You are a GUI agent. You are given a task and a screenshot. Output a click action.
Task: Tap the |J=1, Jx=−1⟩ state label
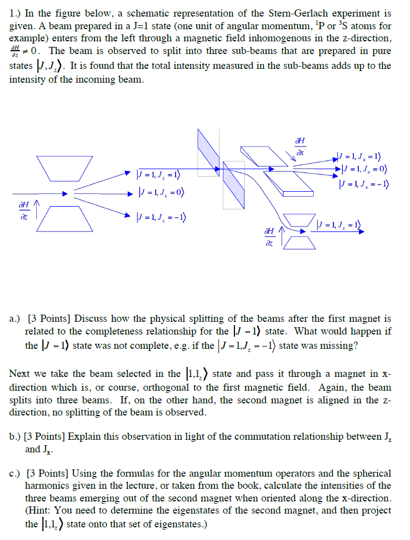[x=367, y=184]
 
